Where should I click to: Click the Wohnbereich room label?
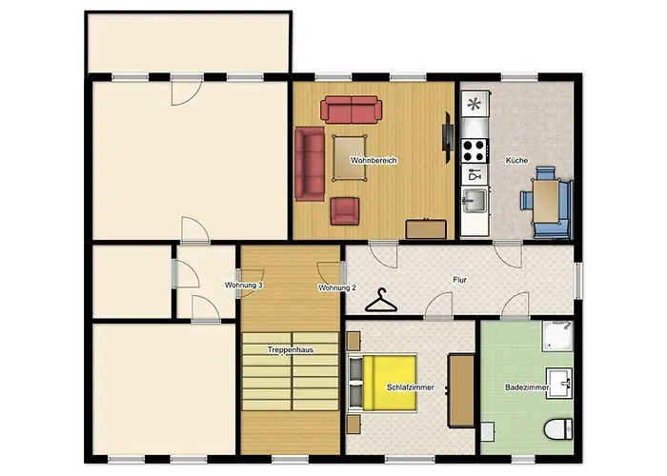(374, 160)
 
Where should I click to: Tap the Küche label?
(516, 160)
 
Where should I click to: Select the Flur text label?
(460, 280)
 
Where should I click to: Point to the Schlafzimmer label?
(411, 387)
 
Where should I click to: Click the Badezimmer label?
(527, 387)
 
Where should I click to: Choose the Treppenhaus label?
(291, 349)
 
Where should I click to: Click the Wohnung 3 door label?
(244, 286)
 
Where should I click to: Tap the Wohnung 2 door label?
(337, 288)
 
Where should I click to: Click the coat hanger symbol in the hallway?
(381, 302)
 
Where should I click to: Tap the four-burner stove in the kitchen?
(475, 150)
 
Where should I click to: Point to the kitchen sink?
(475, 200)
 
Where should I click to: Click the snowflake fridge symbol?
(475, 103)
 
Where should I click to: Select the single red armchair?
(345, 210)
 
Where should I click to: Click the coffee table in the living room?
(350, 158)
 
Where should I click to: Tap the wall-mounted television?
(448, 137)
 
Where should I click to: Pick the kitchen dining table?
(546, 201)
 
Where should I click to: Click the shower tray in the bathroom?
(557, 336)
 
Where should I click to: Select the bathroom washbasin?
(559, 383)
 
